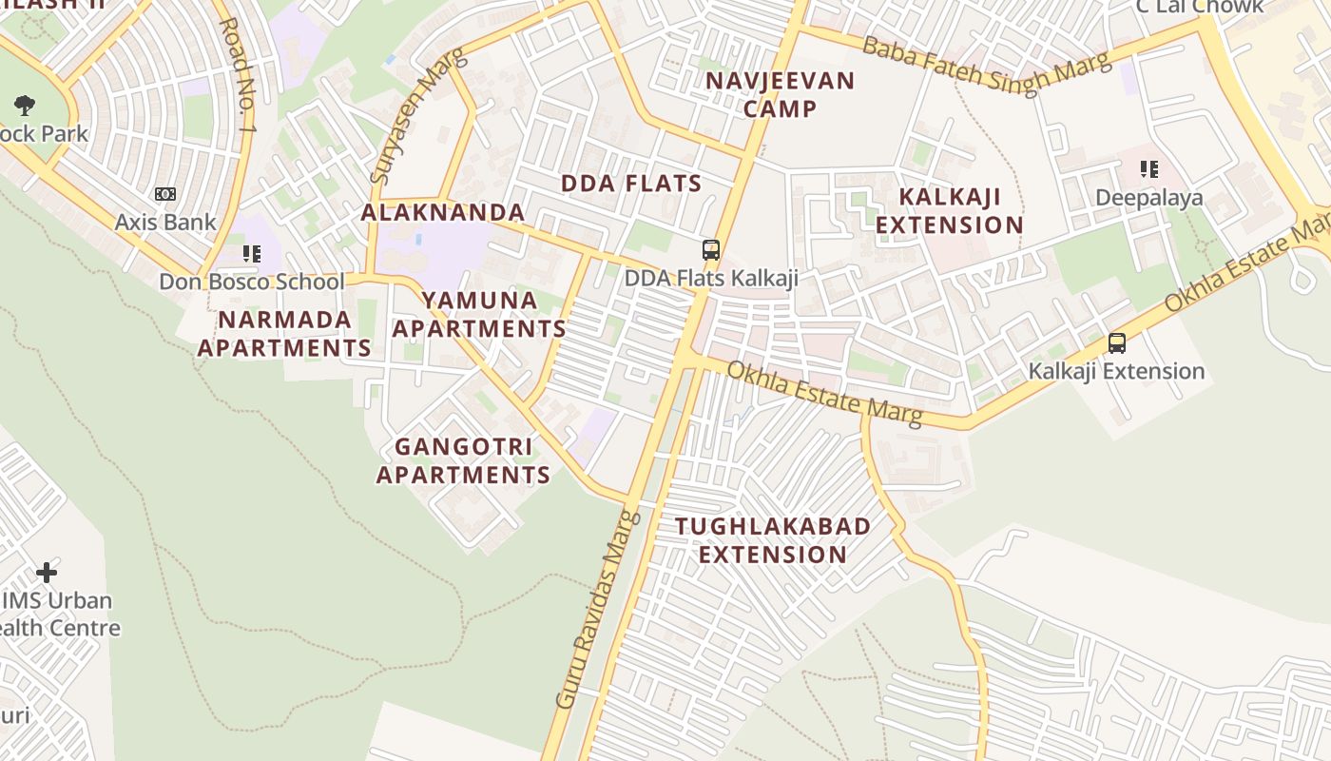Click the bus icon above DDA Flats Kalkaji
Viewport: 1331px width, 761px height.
click(710, 250)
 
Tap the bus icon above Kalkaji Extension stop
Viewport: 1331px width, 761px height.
click(1117, 343)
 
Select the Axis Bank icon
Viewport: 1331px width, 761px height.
click(165, 194)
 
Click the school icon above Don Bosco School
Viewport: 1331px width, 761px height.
click(251, 254)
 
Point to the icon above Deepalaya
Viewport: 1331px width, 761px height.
click(1149, 169)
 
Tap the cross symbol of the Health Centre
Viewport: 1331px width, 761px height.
click(46, 573)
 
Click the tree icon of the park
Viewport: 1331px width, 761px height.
click(25, 106)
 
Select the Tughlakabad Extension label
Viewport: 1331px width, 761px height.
click(773, 540)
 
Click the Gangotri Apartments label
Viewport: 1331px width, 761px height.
click(463, 460)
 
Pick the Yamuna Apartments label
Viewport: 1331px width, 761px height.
click(479, 315)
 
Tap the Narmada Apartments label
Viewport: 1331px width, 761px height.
click(284, 333)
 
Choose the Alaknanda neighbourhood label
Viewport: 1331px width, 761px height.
click(443, 212)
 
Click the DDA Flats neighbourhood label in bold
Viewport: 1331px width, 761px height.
click(631, 184)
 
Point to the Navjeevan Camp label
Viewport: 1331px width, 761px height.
click(781, 94)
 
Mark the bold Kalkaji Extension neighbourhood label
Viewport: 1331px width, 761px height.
click(949, 211)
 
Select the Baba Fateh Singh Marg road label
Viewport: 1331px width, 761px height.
click(987, 64)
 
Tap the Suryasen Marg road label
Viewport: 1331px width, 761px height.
click(419, 115)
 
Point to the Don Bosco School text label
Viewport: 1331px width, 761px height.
click(252, 282)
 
